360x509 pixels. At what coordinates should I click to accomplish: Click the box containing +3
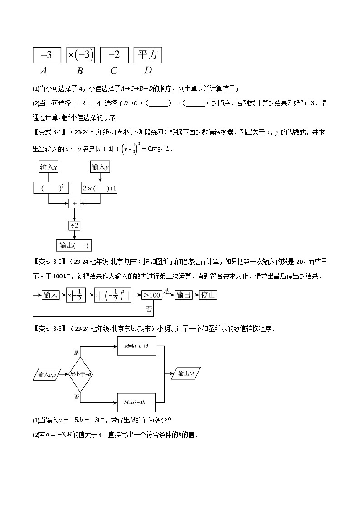click(46, 55)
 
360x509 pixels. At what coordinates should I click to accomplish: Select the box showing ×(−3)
click(80, 55)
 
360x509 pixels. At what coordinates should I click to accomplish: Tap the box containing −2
click(114, 55)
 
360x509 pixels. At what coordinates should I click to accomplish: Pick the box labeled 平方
click(148, 55)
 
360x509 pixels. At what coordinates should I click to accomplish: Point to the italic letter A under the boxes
click(44, 70)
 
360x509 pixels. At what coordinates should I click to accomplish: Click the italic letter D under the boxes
click(148, 70)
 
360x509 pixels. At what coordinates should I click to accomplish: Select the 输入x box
click(49, 167)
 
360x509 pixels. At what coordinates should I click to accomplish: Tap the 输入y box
click(100, 167)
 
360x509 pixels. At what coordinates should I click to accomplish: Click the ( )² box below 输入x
click(49, 188)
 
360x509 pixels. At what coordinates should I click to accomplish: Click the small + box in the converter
click(74, 204)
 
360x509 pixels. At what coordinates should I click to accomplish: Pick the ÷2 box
click(74, 225)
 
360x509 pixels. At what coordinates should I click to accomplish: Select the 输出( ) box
click(74, 245)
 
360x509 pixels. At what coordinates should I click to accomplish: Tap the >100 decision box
click(151, 295)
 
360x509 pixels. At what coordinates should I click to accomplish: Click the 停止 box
click(208, 295)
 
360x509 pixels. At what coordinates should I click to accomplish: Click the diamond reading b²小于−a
click(80, 374)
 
